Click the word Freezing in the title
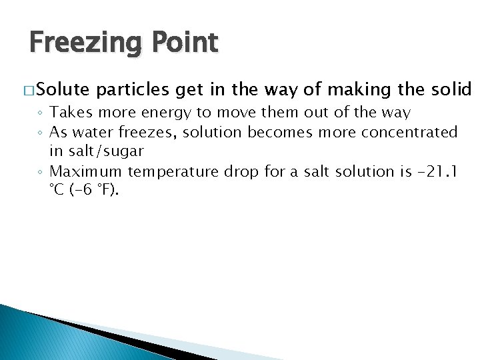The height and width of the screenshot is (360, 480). pos(83,43)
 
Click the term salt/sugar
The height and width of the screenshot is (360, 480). pos(105,151)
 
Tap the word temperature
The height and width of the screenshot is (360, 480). pos(170,172)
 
